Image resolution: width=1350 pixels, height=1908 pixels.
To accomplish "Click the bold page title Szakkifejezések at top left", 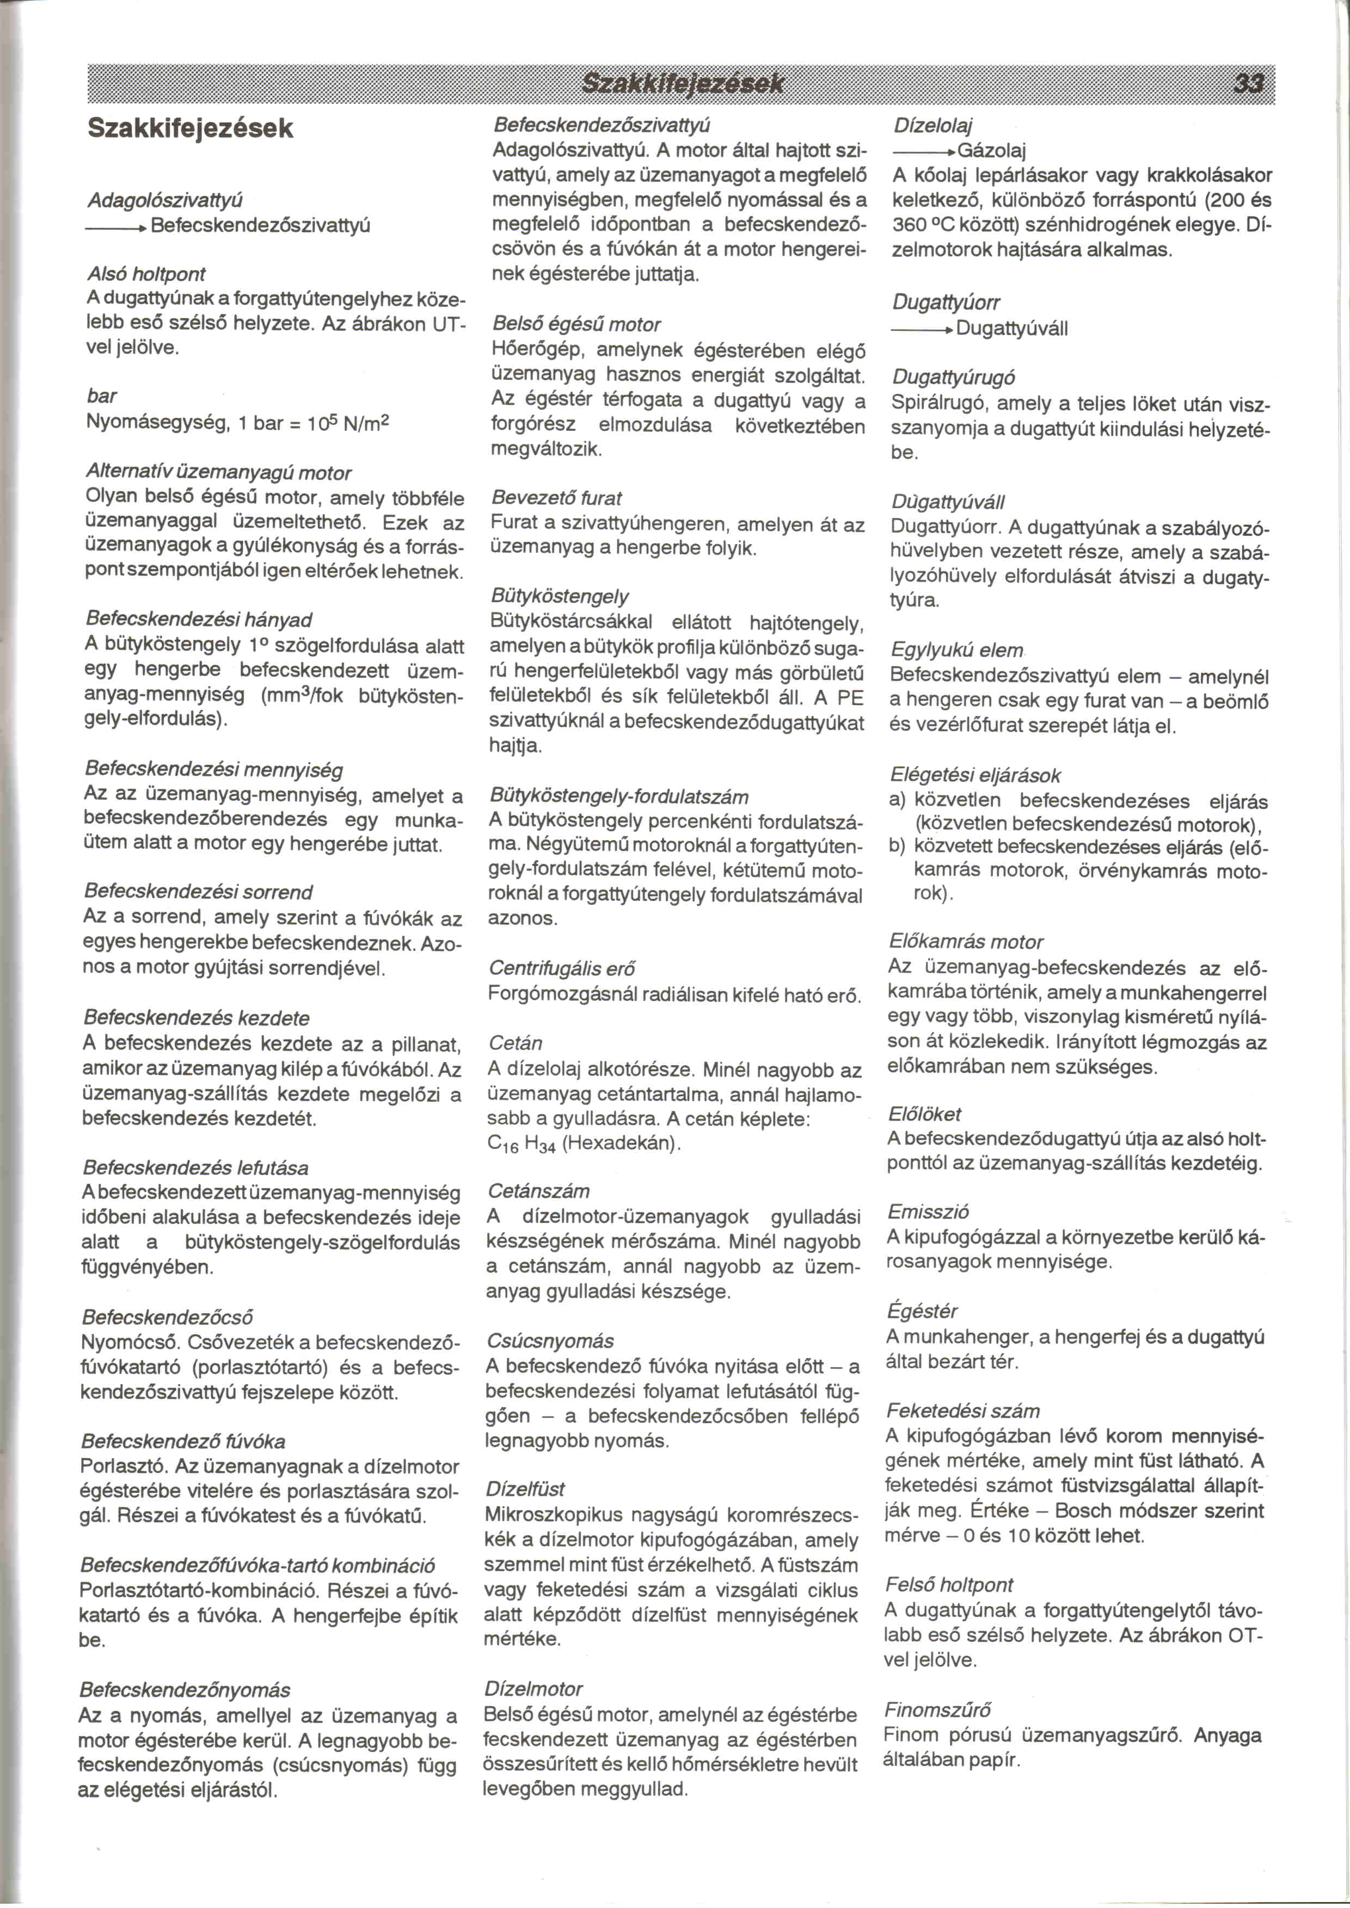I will (191, 129).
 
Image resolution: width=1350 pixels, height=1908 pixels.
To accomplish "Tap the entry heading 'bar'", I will (101, 396).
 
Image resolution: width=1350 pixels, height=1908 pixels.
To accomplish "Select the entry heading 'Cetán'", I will (516, 1043).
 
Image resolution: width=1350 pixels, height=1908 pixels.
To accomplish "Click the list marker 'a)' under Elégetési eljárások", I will (897, 801).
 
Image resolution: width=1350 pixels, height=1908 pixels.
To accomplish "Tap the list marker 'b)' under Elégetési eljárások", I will (897, 847).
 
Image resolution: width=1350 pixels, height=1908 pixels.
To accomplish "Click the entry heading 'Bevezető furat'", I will (556, 498).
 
